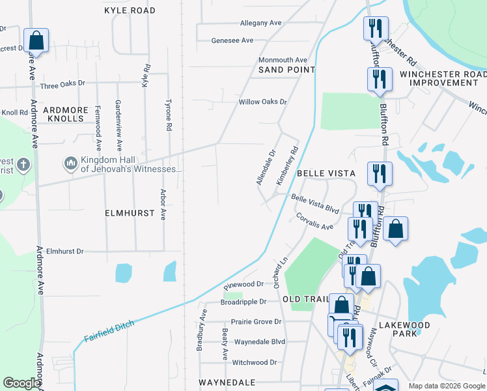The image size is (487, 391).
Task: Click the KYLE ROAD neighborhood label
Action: (x=130, y=11)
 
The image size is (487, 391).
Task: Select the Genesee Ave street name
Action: (x=232, y=40)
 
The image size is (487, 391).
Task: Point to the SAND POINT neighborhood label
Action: (x=286, y=70)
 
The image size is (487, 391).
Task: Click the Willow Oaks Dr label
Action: (x=262, y=102)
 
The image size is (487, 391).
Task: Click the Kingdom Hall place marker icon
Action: (x=70, y=162)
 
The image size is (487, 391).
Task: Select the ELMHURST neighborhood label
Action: (x=130, y=213)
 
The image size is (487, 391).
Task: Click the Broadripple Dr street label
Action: (x=244, y=302)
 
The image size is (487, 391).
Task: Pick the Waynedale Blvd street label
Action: (x=259, y=341)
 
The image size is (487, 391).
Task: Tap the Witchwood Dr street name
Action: (x=255, y=362)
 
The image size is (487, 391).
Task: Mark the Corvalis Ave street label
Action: (x=314, y=222)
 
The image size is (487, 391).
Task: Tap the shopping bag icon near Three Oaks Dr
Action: (x=36, y=40)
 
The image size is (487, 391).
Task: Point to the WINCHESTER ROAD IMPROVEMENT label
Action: (x=439, y=79)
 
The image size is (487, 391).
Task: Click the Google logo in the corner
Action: (x=21, y=383)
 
